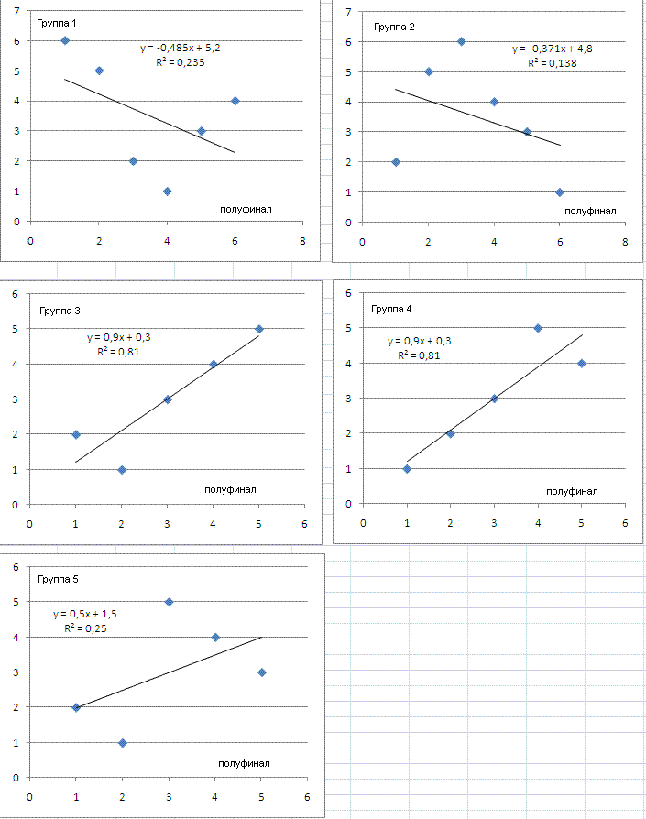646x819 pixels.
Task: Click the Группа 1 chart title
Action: [x=56, y=22]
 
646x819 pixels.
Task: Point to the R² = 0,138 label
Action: [x=552, y=63]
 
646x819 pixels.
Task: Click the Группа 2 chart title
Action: [x=394, y=27]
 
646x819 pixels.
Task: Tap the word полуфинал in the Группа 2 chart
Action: [x=589, y=211]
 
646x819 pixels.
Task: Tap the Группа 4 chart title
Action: [x=392, y=309]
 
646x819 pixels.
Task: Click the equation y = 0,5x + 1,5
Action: [x=85, y=614]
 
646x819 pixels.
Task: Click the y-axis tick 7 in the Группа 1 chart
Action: [x=16, y=11]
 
